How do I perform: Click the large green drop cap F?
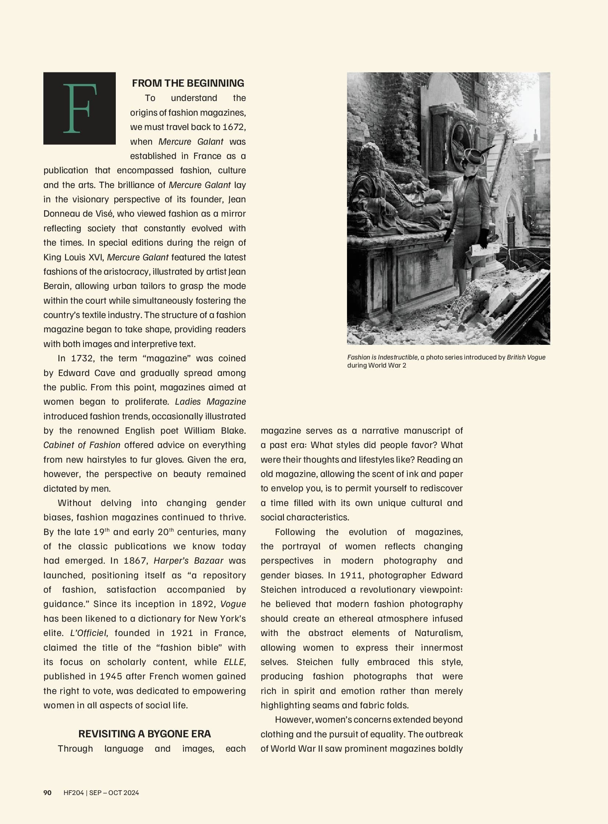[79, 108]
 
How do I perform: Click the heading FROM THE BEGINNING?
[188, 83]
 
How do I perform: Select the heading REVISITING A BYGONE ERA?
[144, 734]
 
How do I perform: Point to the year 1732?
[81, 358]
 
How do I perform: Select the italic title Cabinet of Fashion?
[82, 445]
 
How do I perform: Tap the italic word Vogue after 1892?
[233, 604]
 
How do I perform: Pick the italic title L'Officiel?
[88, 633]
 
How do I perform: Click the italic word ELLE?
[234, 662]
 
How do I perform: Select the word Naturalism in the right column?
[438, 633]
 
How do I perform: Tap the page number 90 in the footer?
[47, 792]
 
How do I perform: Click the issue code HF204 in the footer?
[73, 792]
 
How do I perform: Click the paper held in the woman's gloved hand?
[479, 252]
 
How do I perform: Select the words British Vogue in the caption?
[526, 357]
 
